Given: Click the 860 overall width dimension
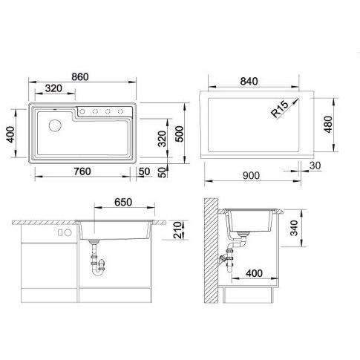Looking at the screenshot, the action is click(x=80, y=77).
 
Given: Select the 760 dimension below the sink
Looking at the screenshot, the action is click(x=82, y=171).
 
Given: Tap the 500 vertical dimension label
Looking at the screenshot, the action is click(x=180, y=134).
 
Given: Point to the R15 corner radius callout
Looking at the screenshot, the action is click(x=280, y=109).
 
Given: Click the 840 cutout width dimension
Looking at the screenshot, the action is click(x=249, y=81).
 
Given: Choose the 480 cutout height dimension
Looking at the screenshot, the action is click(x=328, y=125).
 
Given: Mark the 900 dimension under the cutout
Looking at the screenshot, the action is click(x=251, y=175).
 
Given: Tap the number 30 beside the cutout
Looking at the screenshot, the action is click(x=315, y=166).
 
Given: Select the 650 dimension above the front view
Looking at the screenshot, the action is click(x=123, y=203).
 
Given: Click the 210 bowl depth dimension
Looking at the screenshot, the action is click(x=177, y=230).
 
